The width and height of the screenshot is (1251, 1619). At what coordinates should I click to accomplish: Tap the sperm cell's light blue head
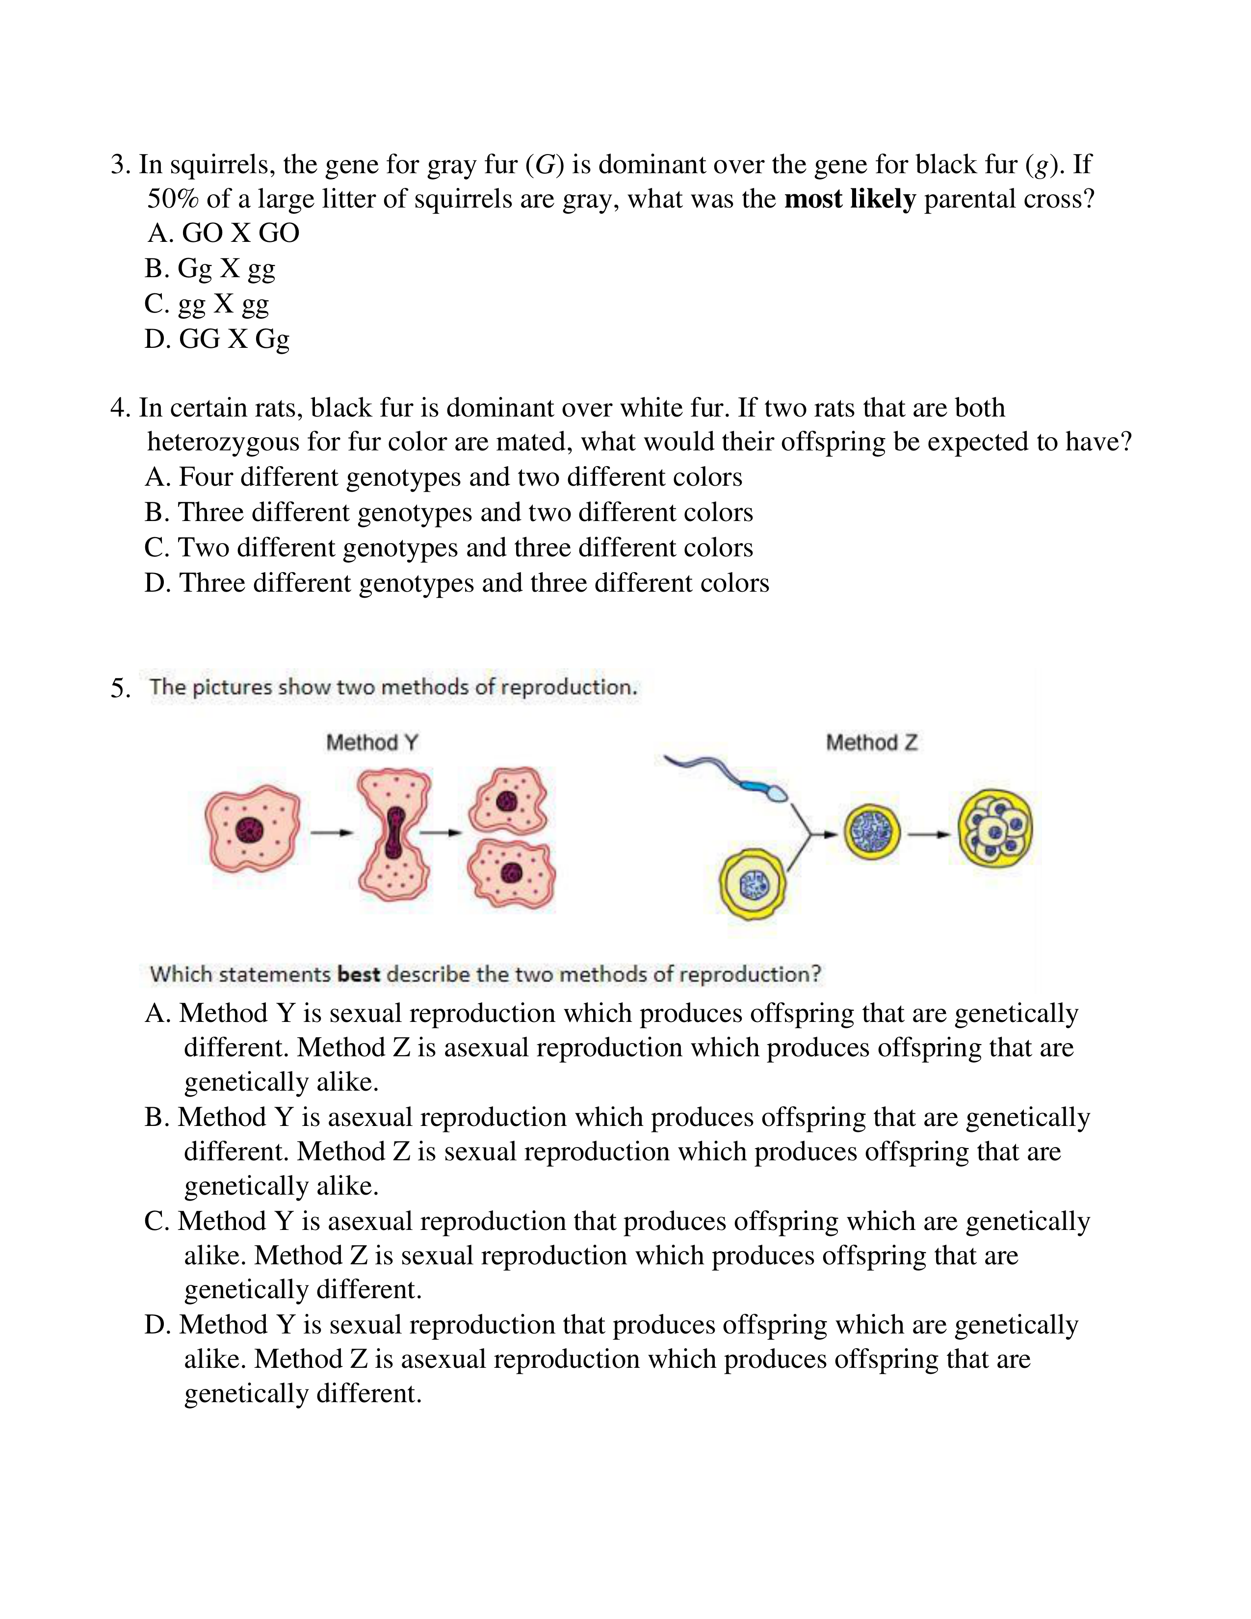(x=777, y=794)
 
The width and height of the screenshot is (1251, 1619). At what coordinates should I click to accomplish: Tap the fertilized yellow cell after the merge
(x=872, y=833)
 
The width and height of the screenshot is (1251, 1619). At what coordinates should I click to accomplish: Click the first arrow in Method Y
(x=331, y=833)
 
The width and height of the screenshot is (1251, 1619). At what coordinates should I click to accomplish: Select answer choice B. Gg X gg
(x=210, y=268)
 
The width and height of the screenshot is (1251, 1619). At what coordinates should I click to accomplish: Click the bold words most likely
(x=850, y=199)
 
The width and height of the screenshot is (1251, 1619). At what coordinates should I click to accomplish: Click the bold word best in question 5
(x=358, y=974)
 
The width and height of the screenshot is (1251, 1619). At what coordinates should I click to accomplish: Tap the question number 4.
(x=119, y=408)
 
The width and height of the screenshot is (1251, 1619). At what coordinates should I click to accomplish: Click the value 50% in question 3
(x=173, y=199)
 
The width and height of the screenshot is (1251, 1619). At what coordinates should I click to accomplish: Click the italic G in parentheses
(x=545, y=164)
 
